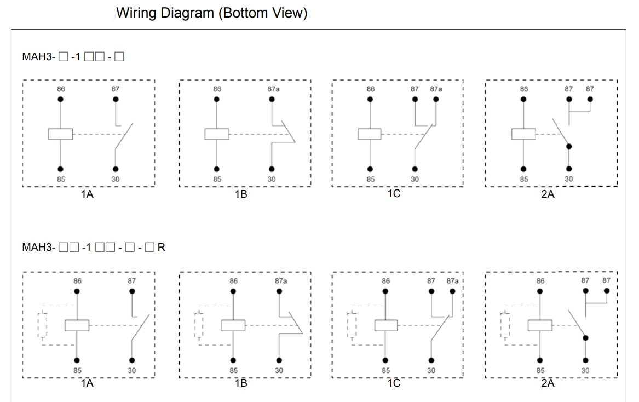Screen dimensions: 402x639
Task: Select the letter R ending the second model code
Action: coord(161,248)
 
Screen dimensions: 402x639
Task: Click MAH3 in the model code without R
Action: coord(36,56)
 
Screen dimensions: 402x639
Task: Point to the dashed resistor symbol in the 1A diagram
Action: coord(42,325)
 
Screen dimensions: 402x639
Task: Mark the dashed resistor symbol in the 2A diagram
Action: coord(505,325)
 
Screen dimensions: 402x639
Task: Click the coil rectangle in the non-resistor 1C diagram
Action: coord(370,134)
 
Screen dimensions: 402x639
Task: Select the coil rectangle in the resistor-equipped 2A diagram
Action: coord(540,325)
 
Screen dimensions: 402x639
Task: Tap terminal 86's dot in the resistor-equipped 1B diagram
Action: coord(234,291)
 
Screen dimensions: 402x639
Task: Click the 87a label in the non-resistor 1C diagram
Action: coord(436,89)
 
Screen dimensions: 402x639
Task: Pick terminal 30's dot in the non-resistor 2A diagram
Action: coord(569,169)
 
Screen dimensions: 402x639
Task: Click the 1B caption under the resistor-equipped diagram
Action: coord(241,383)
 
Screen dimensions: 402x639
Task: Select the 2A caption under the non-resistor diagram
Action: coord(548,194)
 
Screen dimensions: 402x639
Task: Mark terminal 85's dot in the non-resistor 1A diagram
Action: coord(60,169)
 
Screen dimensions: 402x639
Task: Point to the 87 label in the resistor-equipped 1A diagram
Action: coord(132,281)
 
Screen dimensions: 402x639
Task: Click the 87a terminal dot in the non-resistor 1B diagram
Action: coord(272,99)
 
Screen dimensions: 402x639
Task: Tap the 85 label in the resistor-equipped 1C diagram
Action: coord(387,371)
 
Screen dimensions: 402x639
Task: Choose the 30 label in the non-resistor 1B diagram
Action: coord(272,179)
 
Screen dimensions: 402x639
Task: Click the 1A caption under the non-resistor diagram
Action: coord(87,194)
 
